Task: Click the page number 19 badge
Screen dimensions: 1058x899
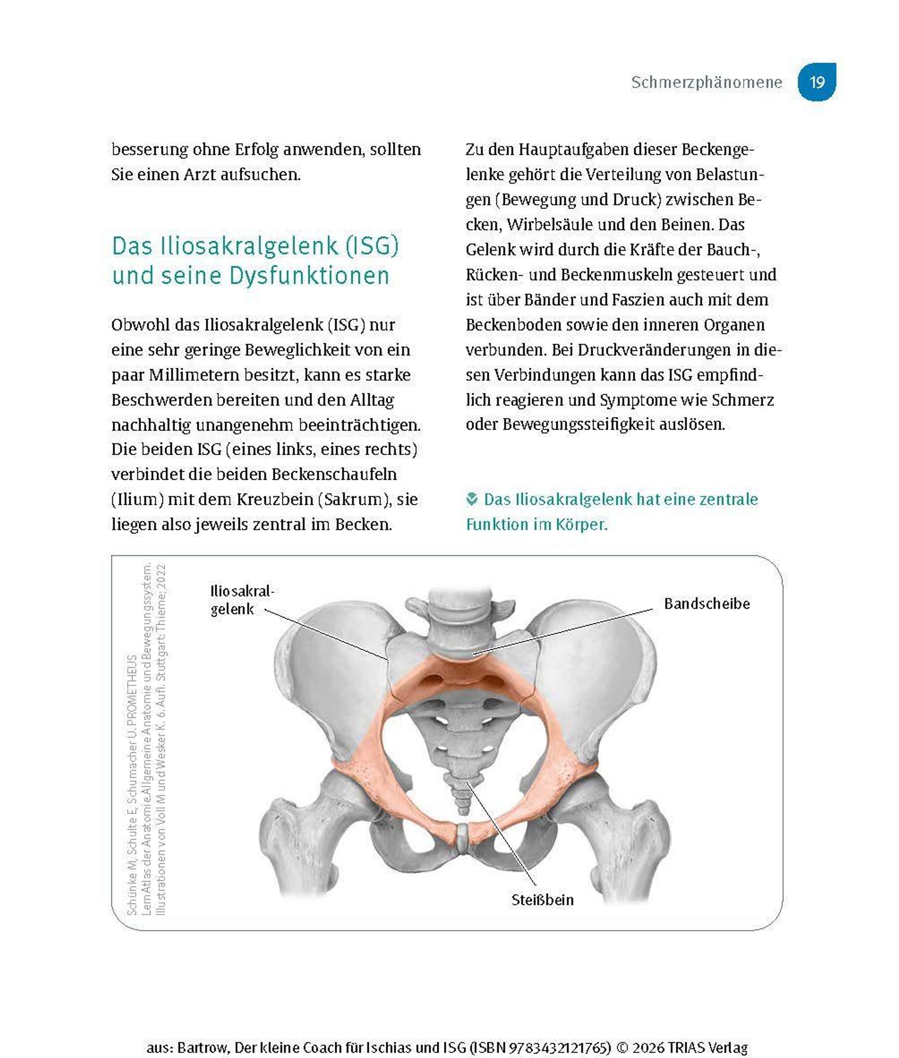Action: pos(817,82)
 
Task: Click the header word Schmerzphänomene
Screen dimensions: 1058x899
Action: pos(706,82)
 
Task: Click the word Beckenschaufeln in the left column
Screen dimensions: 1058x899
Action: pos(334,474)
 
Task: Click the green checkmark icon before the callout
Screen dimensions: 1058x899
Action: pos(472,499)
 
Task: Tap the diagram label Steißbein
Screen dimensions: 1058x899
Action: pos(542,900)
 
